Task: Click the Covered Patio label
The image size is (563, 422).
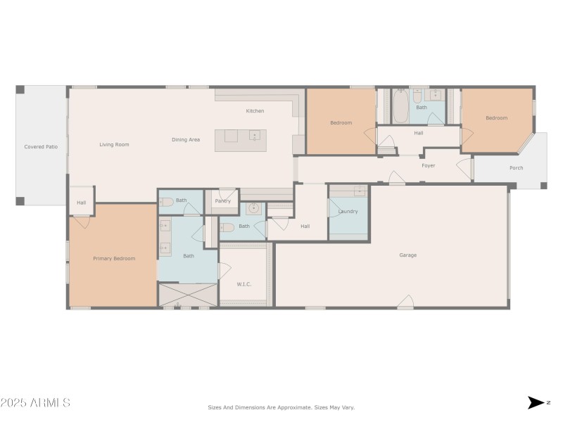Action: point(42,147)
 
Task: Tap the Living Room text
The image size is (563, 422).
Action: point(114,145)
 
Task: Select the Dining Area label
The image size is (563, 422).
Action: point(186,140)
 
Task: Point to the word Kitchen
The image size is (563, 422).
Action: point(255,111)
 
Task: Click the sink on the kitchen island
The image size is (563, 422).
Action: point(254,135)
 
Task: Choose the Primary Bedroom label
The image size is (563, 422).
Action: point(114,259)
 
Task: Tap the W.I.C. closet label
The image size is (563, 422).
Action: point(244,284)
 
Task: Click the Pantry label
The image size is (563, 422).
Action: point(223,201)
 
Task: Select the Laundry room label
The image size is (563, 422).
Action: point(348,212)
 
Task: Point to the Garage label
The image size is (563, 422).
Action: point(407,255)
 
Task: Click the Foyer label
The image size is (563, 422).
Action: point(428,166)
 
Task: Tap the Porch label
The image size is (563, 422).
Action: point(517,168)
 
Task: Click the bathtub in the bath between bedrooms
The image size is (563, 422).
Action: point(400,108)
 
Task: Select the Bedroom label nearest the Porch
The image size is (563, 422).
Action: point(496,118)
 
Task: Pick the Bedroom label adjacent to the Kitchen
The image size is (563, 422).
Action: point(341,123)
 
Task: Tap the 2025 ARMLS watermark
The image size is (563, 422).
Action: point(35,403)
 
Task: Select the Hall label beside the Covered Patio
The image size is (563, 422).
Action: point(82,203)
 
